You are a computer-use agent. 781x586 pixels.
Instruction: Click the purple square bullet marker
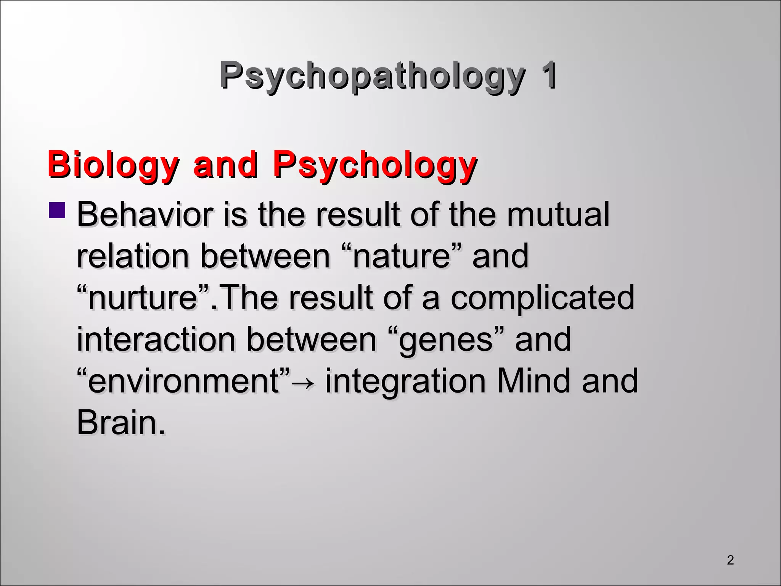click(57, 211)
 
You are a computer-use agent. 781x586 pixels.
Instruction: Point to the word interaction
click(156, 339)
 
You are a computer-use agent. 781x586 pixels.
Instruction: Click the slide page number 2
click(730, 560)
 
